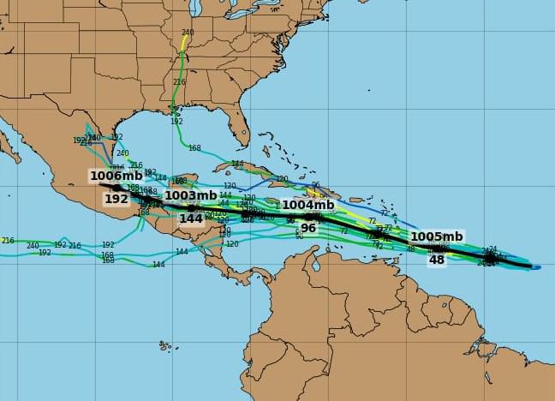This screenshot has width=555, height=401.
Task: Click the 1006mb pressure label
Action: [x=116, y=176]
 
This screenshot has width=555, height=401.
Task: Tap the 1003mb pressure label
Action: [x=190, y=195]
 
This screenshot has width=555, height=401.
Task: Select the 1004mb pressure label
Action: [x=307, y=205]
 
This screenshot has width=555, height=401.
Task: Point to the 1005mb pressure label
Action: [x=436, y=236]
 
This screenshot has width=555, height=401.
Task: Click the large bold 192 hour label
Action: [x=116, y=199]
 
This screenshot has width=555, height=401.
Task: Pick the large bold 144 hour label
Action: [x=190, y=218]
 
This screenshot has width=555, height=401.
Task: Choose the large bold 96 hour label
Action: [x=307, y=228]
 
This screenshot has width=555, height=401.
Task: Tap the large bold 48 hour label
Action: [x=437, y=260]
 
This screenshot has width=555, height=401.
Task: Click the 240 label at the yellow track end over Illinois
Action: [x=188, y=33]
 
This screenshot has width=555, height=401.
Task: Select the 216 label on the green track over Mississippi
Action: [x=179, y=82]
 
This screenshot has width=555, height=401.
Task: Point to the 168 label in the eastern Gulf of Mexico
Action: [x=194, y=148]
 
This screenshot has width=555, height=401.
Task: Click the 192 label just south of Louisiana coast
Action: [x=176, y=122]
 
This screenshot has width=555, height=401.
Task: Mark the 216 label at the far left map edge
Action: [x=8, y=241]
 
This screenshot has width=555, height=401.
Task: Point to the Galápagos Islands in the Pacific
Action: [x=164, y=346]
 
